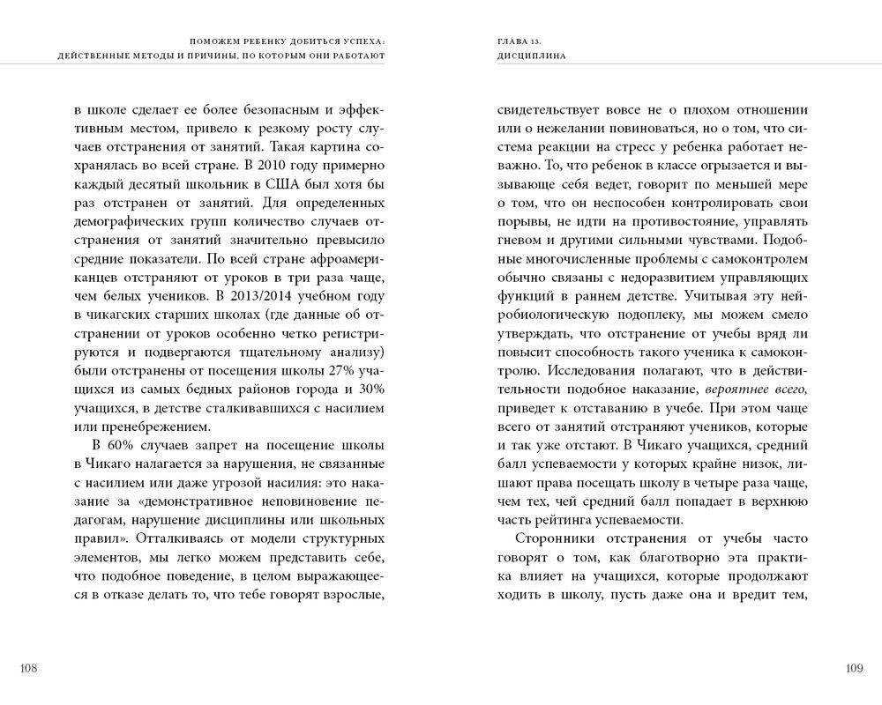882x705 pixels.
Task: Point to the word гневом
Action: [519, 240]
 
